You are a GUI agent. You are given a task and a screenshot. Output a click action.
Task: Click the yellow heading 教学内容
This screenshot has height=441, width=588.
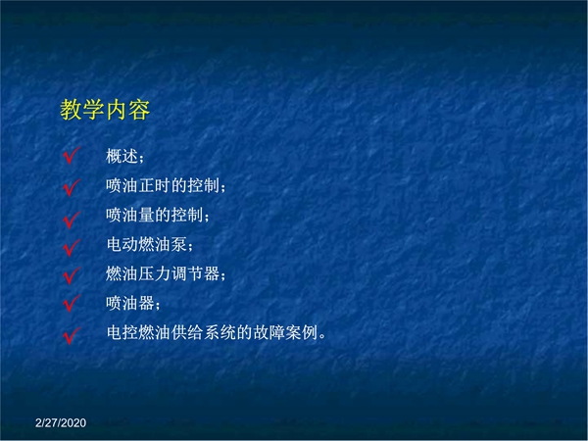coord(105,110)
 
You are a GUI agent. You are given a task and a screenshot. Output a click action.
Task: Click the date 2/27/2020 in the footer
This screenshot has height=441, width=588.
coord(61,423)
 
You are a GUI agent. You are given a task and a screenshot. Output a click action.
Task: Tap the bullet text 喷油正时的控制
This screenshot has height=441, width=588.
coord(163,185)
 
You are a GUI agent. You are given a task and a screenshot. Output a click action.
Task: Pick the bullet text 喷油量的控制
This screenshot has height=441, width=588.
coord(154,215)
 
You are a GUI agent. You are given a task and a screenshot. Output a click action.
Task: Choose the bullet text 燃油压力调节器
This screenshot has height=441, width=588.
coord(163,273)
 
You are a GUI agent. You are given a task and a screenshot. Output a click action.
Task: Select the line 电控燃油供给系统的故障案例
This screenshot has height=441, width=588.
coord(212,332)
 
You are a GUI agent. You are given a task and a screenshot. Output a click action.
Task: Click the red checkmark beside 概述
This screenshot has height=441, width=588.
coord(71,156)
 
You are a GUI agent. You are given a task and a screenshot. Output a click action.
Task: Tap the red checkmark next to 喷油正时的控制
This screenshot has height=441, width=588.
coord(71,187)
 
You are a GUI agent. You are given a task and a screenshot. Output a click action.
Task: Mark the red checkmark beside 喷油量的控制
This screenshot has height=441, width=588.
coord(71,220)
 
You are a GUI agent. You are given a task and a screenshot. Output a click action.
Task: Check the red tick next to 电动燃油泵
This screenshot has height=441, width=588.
coord(71,248)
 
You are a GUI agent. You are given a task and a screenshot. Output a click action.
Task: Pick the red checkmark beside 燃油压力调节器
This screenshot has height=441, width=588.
coord(71,275)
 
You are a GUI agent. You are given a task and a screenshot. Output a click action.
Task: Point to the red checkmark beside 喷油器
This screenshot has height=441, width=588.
coord(71,304)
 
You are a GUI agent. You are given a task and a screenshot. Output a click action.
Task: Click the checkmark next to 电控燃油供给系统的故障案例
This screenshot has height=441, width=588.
coord(71,335)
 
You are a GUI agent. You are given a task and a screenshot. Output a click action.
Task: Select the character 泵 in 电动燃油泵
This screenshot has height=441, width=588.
coord(179,244)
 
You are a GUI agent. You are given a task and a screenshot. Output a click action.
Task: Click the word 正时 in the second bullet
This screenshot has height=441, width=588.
coord(154,185)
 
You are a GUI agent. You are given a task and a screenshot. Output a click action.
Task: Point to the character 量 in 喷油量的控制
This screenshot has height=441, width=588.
coord(146,215)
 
